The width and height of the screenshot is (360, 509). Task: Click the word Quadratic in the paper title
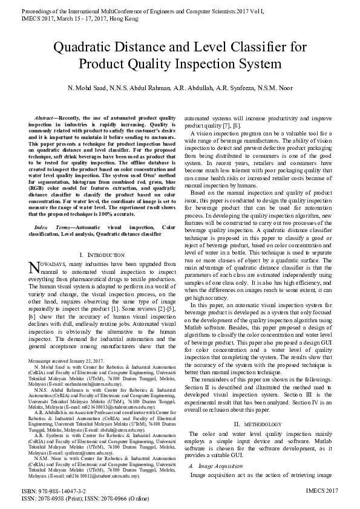[83, 47]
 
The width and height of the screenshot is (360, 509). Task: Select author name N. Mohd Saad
[88, 88]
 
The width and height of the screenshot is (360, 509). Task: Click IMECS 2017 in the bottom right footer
[322, 491]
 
